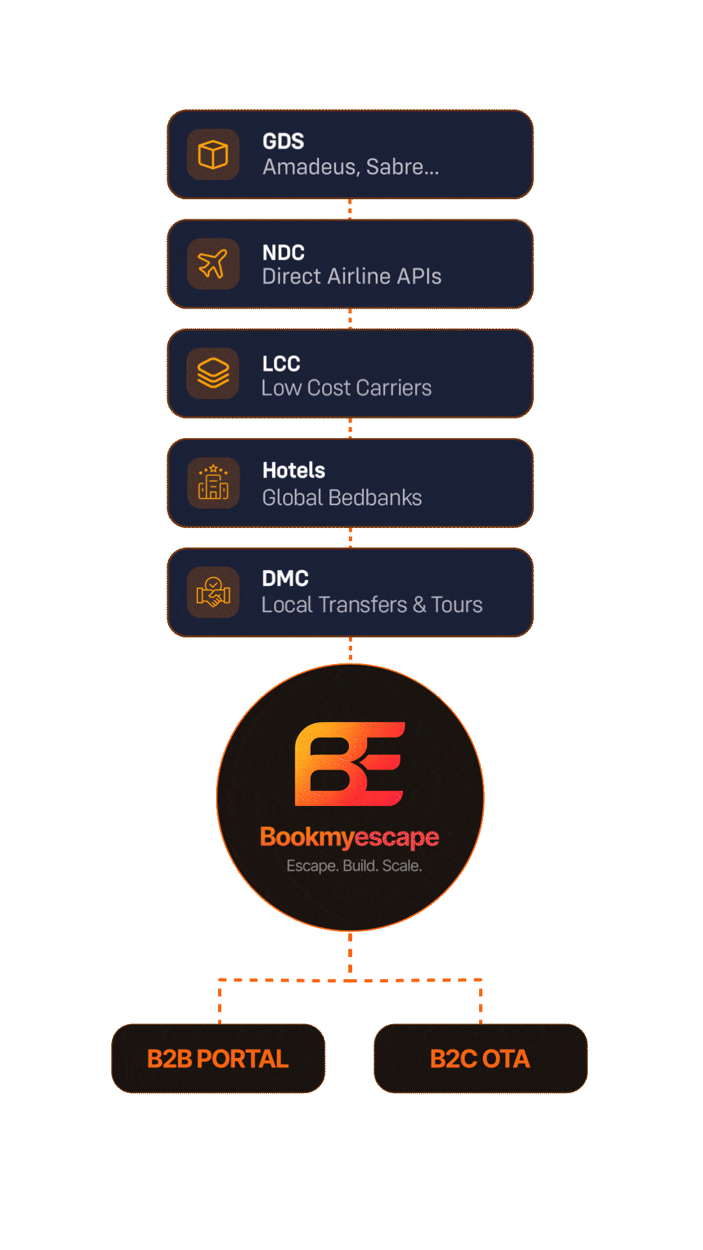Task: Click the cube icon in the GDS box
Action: click(213, 155)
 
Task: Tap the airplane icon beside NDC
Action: click(213, 264)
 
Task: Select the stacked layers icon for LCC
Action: click(213, 373)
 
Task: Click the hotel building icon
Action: click(213, 482)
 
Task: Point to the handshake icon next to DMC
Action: click(213, 592)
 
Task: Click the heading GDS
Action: click(283, 141)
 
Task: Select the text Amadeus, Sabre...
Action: click(350, 167)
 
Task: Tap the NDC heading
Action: click(283, 253)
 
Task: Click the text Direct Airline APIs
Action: click(351, 277)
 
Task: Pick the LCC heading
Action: click(281, 363)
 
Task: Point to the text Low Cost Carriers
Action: click(346, 388)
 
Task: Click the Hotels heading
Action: click(294, 470)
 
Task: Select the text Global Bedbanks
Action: click(342, 498)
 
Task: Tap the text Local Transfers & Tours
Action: click(372, 605)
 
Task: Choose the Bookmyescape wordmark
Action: click(350, 837)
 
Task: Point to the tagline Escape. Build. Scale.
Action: click(354, 866)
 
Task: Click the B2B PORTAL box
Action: click(218, 1059)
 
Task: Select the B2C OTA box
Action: click(480, 1059)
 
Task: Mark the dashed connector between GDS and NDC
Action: click(350, 209)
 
